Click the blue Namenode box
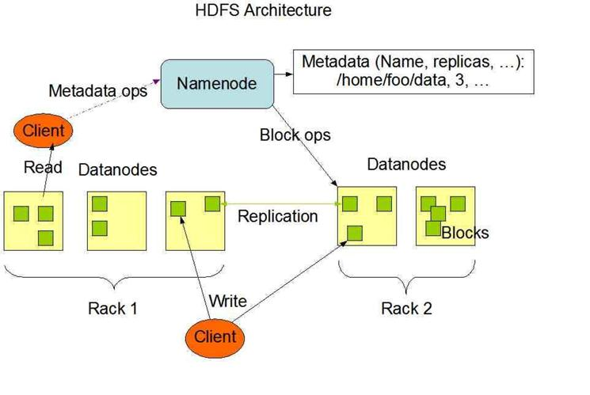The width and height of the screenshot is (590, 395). pos(217,84)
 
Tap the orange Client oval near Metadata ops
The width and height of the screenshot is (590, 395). pos(43,131)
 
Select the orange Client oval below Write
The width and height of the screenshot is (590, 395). pos(215,338)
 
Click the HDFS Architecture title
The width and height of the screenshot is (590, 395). pos(264,9)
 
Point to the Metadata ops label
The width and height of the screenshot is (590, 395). pos(98,91)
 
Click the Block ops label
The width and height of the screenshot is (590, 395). pos(295,135)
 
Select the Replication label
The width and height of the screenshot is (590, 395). pos(278,216)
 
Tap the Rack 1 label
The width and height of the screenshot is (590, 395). pos(112,309)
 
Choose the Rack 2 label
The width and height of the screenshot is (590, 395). pos(406,309)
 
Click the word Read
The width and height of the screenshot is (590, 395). pos(43,167)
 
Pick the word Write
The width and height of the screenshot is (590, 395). pos(228,301)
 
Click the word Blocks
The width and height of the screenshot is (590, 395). pos(465,233)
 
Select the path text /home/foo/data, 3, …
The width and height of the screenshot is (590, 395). pos(413,81)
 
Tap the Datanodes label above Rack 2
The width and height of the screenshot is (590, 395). pos(406,165)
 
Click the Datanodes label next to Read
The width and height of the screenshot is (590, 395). pos(117,170)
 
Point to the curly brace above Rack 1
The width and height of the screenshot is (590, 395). pos(114,278)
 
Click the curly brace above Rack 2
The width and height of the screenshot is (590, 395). pos(406,278)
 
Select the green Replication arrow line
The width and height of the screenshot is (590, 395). pos(281,204)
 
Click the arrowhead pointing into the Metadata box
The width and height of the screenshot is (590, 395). pos(289,74)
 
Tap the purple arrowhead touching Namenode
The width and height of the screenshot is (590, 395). pos(156,82)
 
